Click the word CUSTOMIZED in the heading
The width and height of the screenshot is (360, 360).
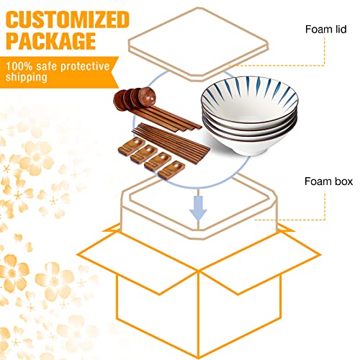(x=68, y=20)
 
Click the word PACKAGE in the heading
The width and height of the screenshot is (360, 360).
(x=51, y=40)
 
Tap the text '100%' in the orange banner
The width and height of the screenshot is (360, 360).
(x=19, y=66)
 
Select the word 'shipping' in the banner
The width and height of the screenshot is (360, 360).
(x=27, y=78)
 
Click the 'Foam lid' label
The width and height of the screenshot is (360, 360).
(x=325, y=30)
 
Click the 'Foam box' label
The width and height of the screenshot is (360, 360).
(x=328, y=181)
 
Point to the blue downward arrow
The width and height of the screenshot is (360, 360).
(x=198, y=208)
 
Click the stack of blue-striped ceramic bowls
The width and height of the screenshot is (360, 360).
(x=250, y=116)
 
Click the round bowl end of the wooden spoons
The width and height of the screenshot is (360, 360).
(x=135, y=99)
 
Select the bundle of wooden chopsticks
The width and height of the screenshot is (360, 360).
(x=171, y=143)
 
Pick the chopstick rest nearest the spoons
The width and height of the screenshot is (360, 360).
(x=132, y=145)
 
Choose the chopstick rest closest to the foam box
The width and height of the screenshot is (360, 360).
(x=171, y=169)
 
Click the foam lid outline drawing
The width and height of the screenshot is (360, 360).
(x=198, y=45)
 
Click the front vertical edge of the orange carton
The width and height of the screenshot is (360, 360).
(x=198, y=314)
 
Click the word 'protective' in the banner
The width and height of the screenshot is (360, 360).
(x=85, y=66)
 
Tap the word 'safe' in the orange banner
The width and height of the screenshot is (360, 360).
(x=47, y=66)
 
